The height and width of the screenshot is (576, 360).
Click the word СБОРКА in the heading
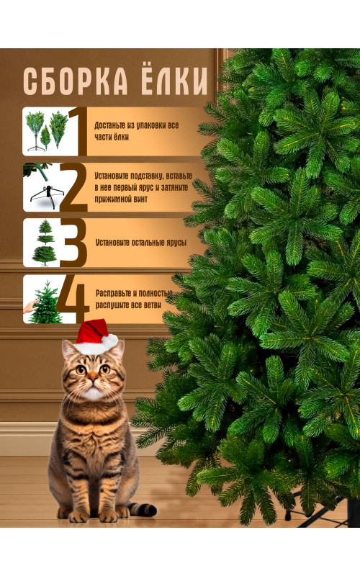pos(76,81)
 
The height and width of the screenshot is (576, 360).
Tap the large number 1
pos(78,131)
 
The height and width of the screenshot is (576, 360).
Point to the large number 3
pos(74,243)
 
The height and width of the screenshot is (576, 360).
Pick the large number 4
pos(73,299)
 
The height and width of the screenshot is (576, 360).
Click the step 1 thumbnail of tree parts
pos(46,131)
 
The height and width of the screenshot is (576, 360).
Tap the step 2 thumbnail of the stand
pos(42,187)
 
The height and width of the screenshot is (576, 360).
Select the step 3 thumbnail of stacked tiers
pos(43,243)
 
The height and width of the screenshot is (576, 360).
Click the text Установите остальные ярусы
pos(141,243)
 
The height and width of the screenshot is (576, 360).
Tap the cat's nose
pos(93,377)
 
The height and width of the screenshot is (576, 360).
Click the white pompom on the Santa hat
pos(110,341)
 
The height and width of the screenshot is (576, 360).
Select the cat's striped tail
pos(143,509)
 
